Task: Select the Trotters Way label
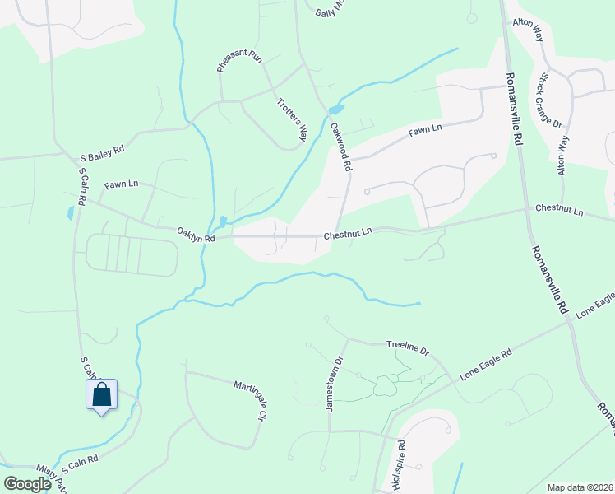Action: coord(290,117)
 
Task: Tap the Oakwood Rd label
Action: coord(341,147)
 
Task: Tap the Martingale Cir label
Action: coord(252,400)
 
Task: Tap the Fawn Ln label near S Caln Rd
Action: coord(121,185)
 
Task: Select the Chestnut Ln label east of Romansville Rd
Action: coord(559,210)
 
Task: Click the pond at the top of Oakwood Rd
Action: coord(335,110)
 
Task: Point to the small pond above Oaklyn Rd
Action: coord(222,221)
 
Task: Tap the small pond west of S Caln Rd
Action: coord(70,213)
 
